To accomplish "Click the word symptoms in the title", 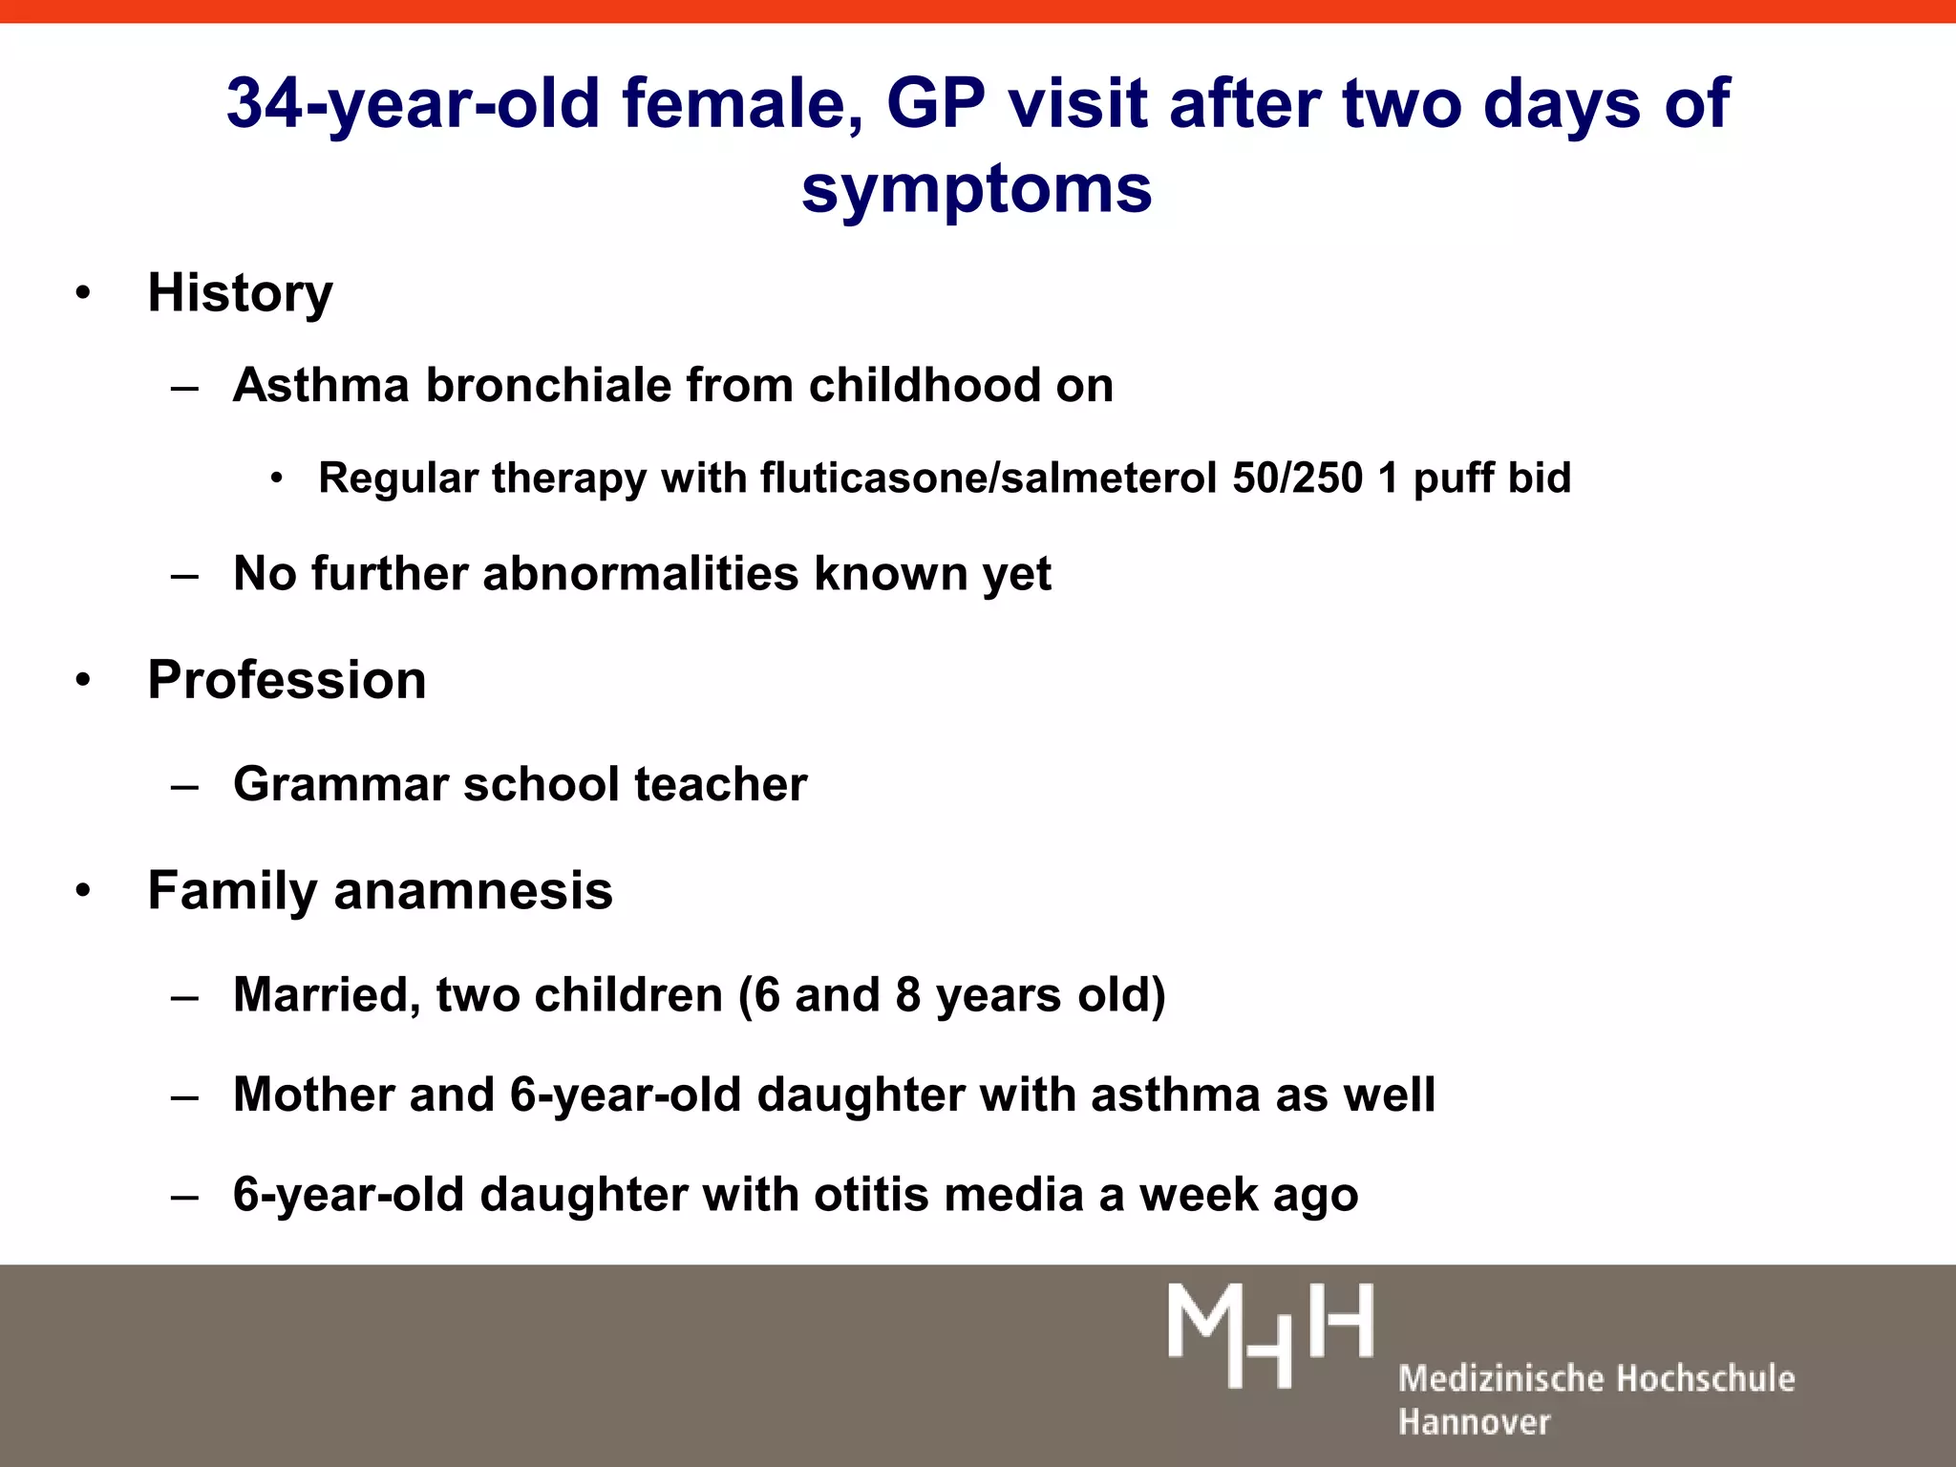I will pos(976,189).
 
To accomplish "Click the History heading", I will pos(240,292).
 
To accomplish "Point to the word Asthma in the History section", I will pos(321,386).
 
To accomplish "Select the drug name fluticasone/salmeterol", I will pos(989,478).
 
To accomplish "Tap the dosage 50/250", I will pos(1297,478).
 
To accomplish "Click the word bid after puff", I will pos(1540,478).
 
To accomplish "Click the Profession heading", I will pos(287,680).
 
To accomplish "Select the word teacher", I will pos(720,784).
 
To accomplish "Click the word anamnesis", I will pos(473,891).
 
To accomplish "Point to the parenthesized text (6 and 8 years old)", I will pos(951,995).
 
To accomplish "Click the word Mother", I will pos(314,1095).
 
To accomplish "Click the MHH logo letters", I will pos(1270,1333).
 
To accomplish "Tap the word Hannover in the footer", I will pos(1474,1422).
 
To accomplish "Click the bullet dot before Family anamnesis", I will pos(84,891).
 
